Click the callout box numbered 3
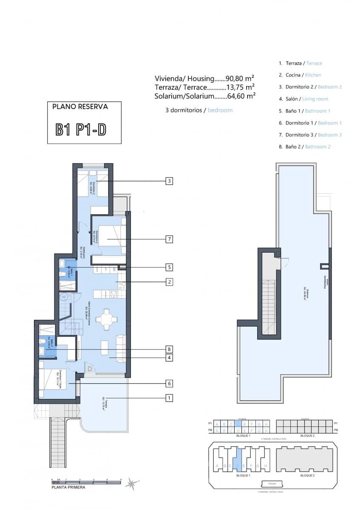(x=169, y=181)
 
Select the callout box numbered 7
(x=169, y=239)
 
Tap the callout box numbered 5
(x=169, y=267)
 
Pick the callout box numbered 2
(x=169, y=281)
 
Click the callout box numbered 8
(x=169, y=349)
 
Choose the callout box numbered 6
(x=169, y=383)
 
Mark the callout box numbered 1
(x=169, y=398)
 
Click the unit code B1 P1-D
(x=81, y=130)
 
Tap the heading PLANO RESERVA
(x=80, y=107)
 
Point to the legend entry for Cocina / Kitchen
(x=300, y=75)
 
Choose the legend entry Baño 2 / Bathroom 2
(x=304, y=147)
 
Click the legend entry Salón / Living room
(x=303, y=99)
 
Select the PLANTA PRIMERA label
(x=68, y=487)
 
